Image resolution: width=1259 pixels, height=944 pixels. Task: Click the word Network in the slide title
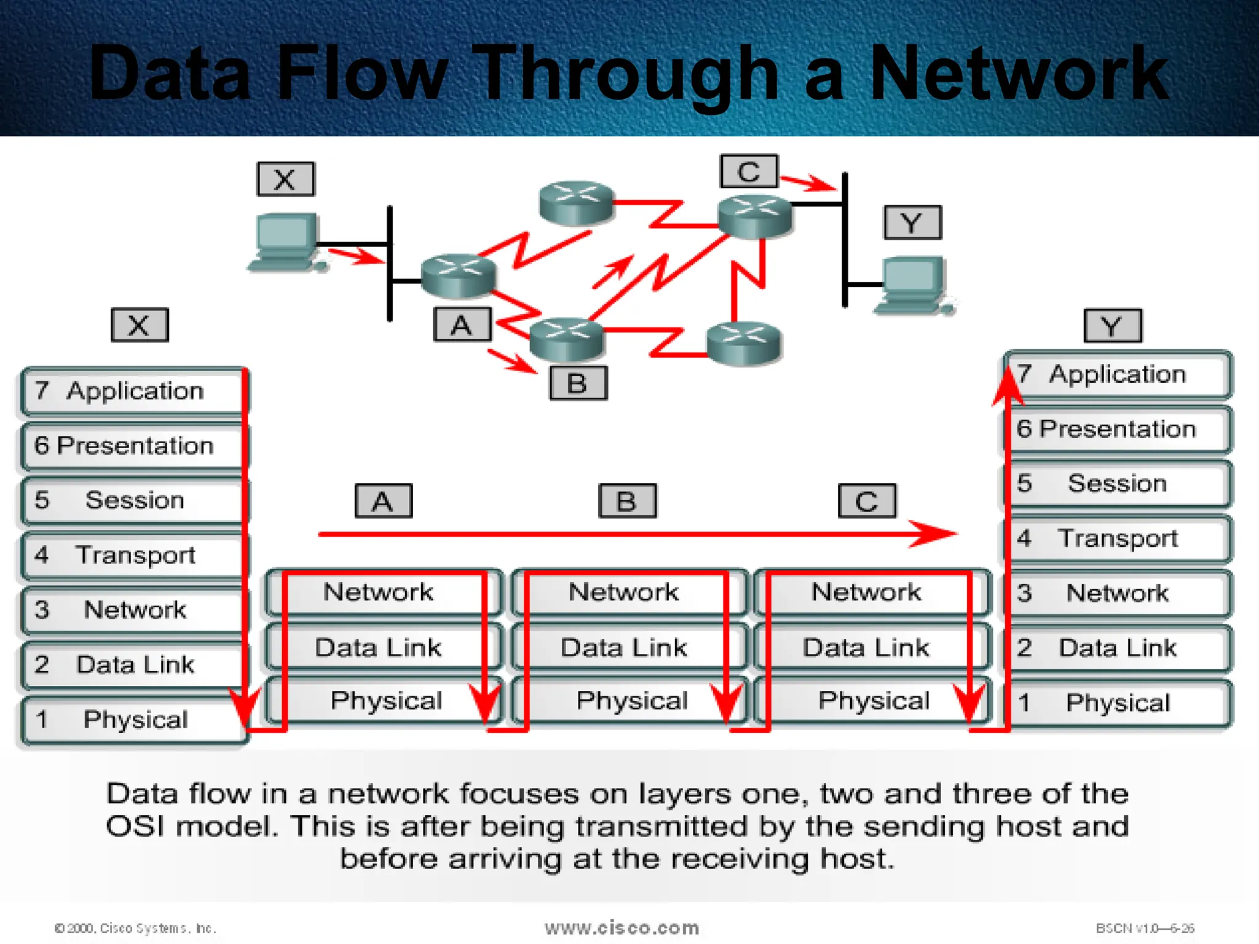point(1019,74)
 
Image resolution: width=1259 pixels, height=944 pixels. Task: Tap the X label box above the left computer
point(286,179)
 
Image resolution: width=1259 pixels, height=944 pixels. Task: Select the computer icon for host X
point(286,242)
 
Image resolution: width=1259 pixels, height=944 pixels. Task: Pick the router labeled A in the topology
point(458,275)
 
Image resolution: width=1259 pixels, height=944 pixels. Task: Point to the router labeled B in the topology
point(567,339)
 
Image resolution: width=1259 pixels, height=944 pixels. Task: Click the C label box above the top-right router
point(749,171)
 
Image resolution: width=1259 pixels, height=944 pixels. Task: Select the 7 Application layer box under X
point(132,391)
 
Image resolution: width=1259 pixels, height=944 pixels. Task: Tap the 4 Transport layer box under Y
point(1117,538)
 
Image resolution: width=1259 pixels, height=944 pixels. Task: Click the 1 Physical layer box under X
point(132,720)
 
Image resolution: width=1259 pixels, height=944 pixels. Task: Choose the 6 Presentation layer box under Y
point(1117,429)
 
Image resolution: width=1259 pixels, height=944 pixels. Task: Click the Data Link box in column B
point(623,647)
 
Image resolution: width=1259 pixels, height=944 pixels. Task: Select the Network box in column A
point(378,592)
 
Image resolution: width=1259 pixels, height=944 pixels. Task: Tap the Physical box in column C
point(873,701)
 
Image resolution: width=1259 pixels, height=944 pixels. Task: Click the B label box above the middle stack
point(627,502)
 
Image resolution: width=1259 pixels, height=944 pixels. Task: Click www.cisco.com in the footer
point(622,927)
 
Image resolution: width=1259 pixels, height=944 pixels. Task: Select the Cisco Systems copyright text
point(135,928)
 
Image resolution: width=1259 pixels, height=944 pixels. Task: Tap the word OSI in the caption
point(135,826)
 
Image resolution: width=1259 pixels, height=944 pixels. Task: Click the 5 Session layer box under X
point(132,501)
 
